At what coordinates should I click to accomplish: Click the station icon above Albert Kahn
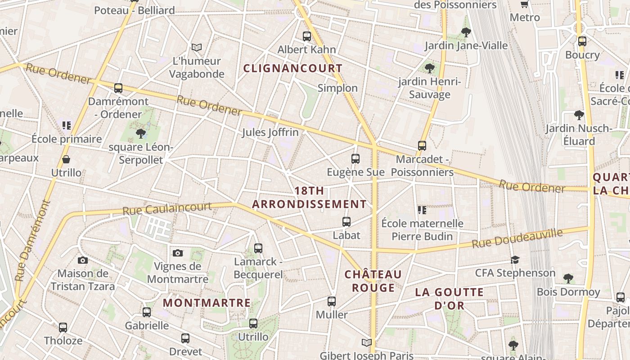click(x=307, y=36)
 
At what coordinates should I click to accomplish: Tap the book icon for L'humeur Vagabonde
click(x=197, y=47)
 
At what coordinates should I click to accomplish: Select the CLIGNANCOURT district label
click(x=293, y=68)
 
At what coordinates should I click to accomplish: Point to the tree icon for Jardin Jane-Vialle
click(x=466, y=32)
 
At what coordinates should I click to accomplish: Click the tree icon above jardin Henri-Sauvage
click(x=430, y=68)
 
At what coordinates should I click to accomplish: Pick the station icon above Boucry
click(x=582, y=41)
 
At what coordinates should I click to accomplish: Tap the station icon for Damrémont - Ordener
click(x=118, y=88)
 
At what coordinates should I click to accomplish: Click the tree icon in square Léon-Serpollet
click(x=141, y=133)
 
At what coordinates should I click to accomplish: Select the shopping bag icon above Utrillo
click(x=66, y=159)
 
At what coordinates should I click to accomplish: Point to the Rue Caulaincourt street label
click(x=167, y=208)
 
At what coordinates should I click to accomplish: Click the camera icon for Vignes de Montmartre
click(x=178, y=253)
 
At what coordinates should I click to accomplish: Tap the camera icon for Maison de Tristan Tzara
click(x=82, y=260)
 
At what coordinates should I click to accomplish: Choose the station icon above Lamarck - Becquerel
click(x=258, y=248)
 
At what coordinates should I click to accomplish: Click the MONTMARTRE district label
click(x=207, y=303)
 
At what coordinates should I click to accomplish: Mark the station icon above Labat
click(x=346, y=222)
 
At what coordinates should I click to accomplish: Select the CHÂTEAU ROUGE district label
click(x=373, y=281)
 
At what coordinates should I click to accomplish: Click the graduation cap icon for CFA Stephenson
click(x=515, y=260)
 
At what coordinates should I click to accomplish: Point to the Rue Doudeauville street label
click(x=517, y=238)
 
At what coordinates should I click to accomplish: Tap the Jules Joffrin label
click(x=270, y=132)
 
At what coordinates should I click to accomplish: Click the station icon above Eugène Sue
click(x=355, y=159)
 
